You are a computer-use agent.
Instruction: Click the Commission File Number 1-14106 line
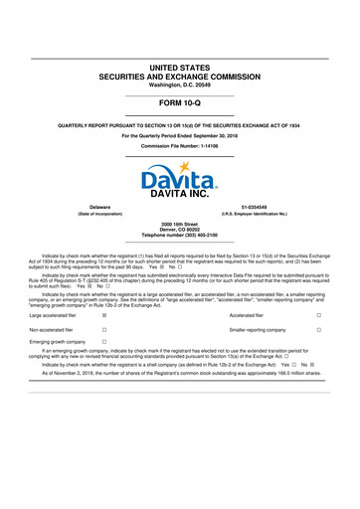[180, 144]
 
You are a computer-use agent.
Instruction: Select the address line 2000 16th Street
[180, 225]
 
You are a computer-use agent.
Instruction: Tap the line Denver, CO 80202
[180, 231]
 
